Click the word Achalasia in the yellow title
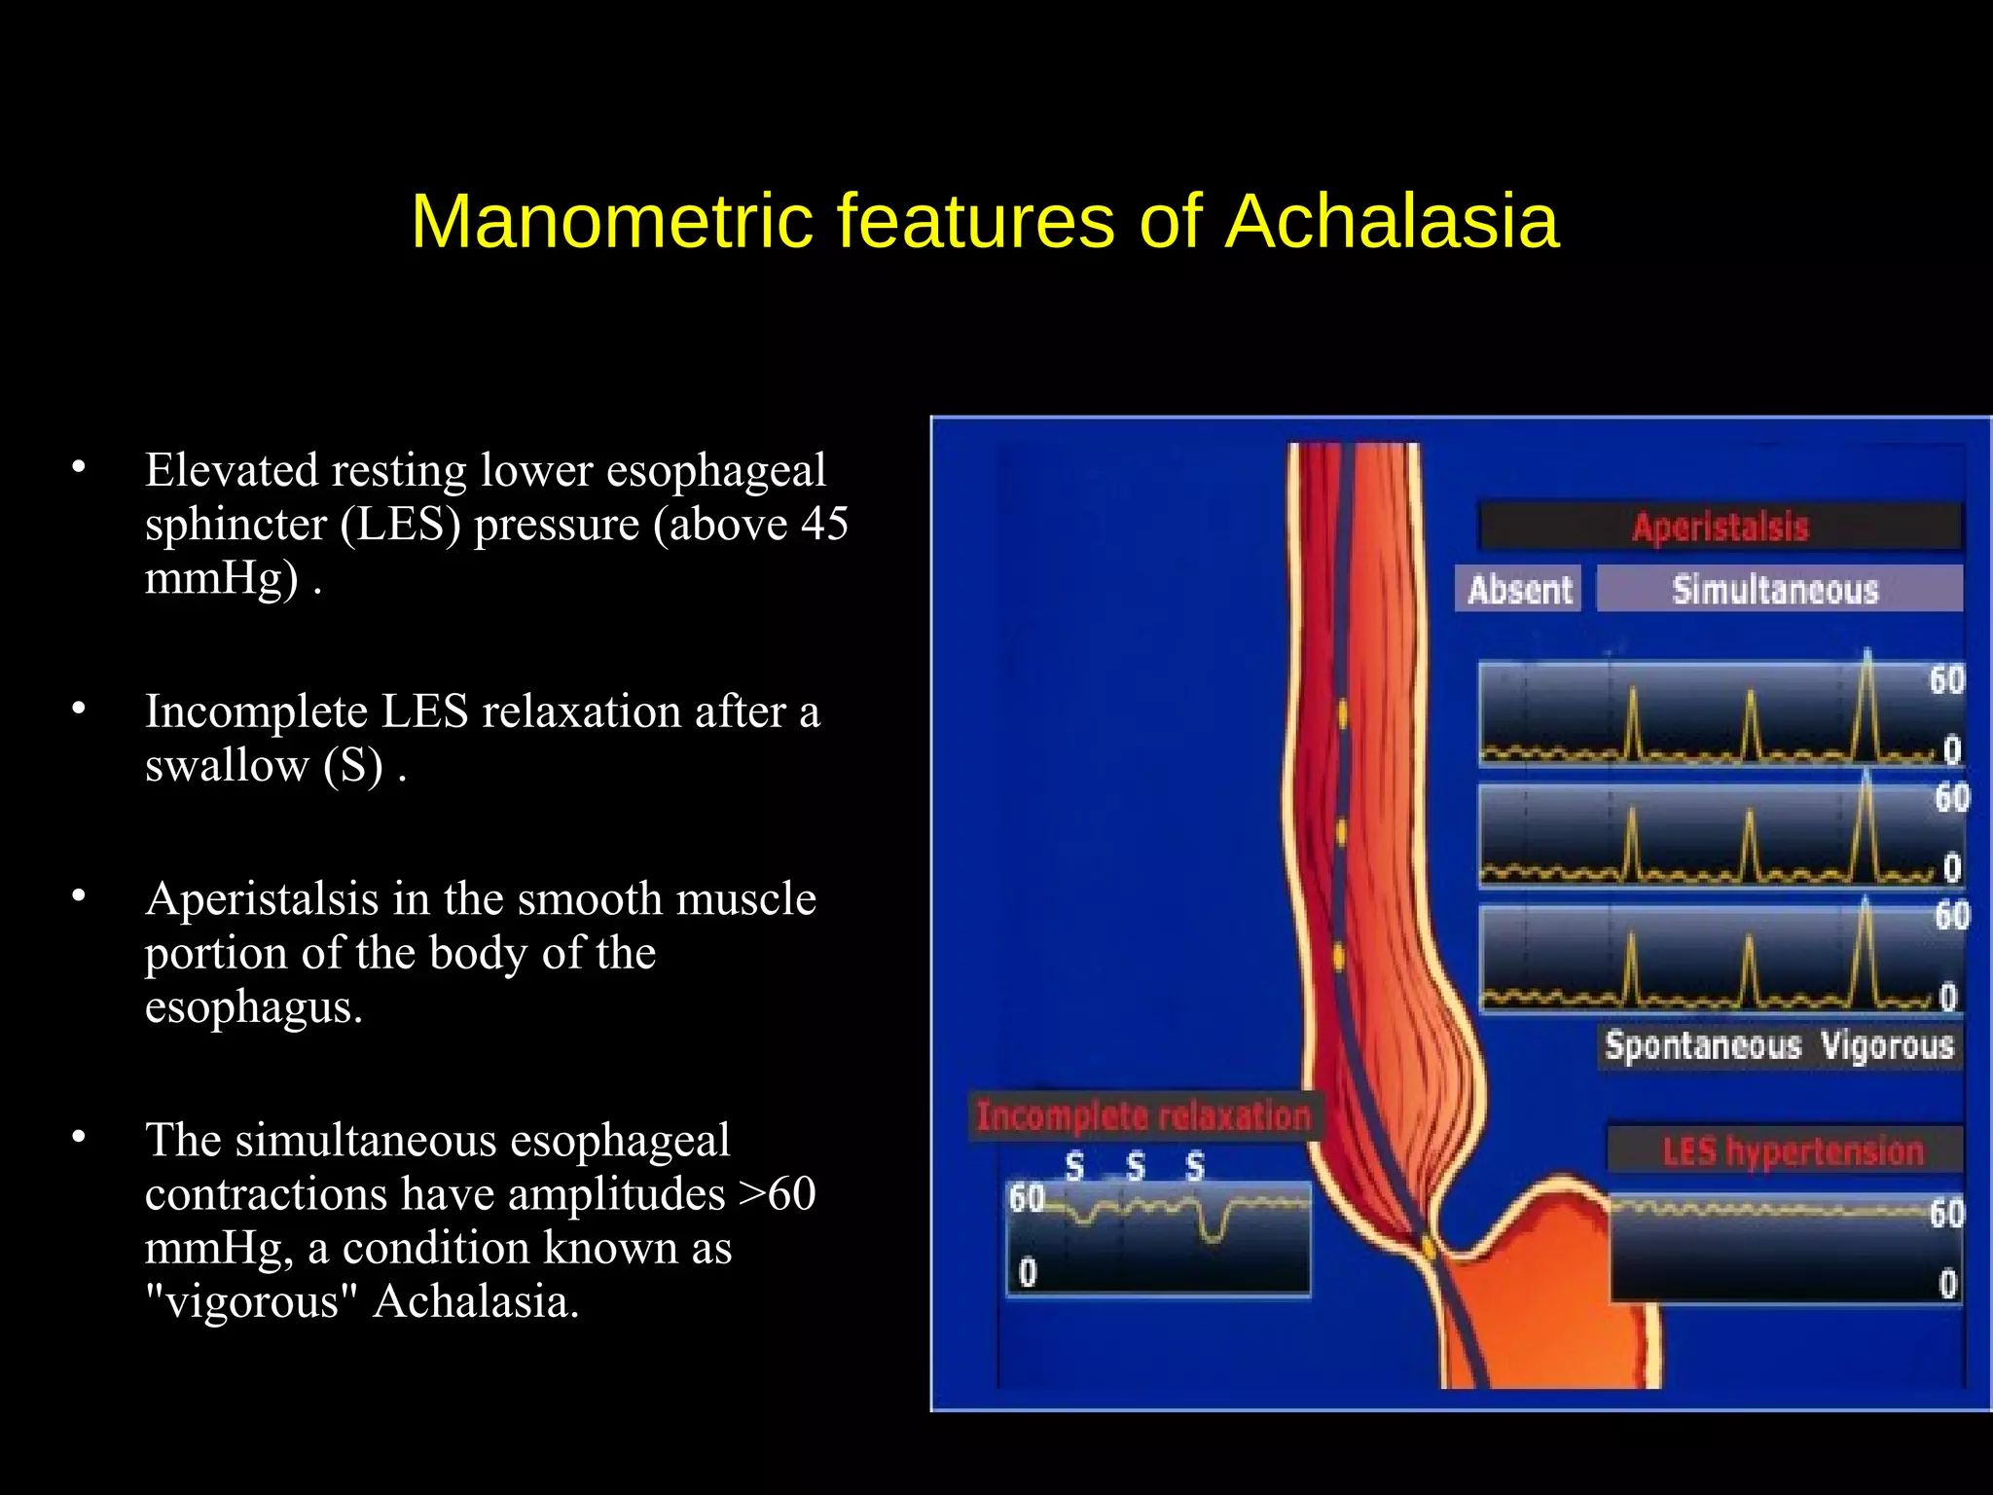click(1392, 222)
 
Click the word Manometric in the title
click(611, 222)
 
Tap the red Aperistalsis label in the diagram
click(1720, 528)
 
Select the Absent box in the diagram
click(1519, 590)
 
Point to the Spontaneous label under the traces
click(1703, 1046)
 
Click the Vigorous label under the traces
click(1887, 1046)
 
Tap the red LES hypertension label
click(1793, 1151)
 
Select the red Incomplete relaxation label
click(1143, 1116)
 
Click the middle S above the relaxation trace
click(1135, 1166)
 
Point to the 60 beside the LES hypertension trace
click(1946, 1214)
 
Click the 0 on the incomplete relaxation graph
click(1028, 1272)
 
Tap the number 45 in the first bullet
click(824, 525)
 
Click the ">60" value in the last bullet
click(777, 1194)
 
